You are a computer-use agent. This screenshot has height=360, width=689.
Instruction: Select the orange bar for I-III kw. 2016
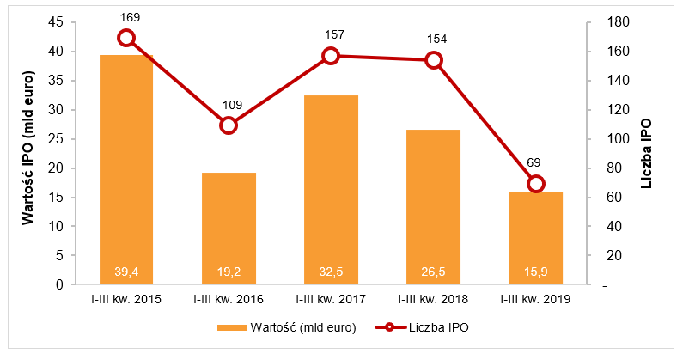[229, 228]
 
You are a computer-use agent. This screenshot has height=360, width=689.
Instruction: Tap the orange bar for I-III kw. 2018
[433, 206]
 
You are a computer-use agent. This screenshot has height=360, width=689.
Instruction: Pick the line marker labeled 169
[126, 38]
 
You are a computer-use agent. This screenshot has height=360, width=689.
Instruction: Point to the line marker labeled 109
[229, 125]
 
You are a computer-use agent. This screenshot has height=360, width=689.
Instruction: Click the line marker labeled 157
[331, 56]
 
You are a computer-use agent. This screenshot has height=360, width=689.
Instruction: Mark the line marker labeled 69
[536, 184]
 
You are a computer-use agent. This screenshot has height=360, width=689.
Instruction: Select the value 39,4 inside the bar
[126, 272]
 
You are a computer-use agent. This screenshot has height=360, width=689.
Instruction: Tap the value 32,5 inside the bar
[331, 272]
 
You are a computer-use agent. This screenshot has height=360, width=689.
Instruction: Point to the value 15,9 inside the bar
[536, 272]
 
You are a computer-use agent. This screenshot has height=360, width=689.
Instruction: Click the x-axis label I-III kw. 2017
[331, 299]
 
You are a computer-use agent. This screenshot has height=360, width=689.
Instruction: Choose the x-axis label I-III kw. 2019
[536, 299]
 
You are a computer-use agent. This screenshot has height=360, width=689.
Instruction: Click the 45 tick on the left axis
[57, 22]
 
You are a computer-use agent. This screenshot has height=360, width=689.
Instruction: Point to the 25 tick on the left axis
[57, 139]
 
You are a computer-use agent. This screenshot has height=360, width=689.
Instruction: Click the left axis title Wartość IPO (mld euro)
[29, 154]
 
